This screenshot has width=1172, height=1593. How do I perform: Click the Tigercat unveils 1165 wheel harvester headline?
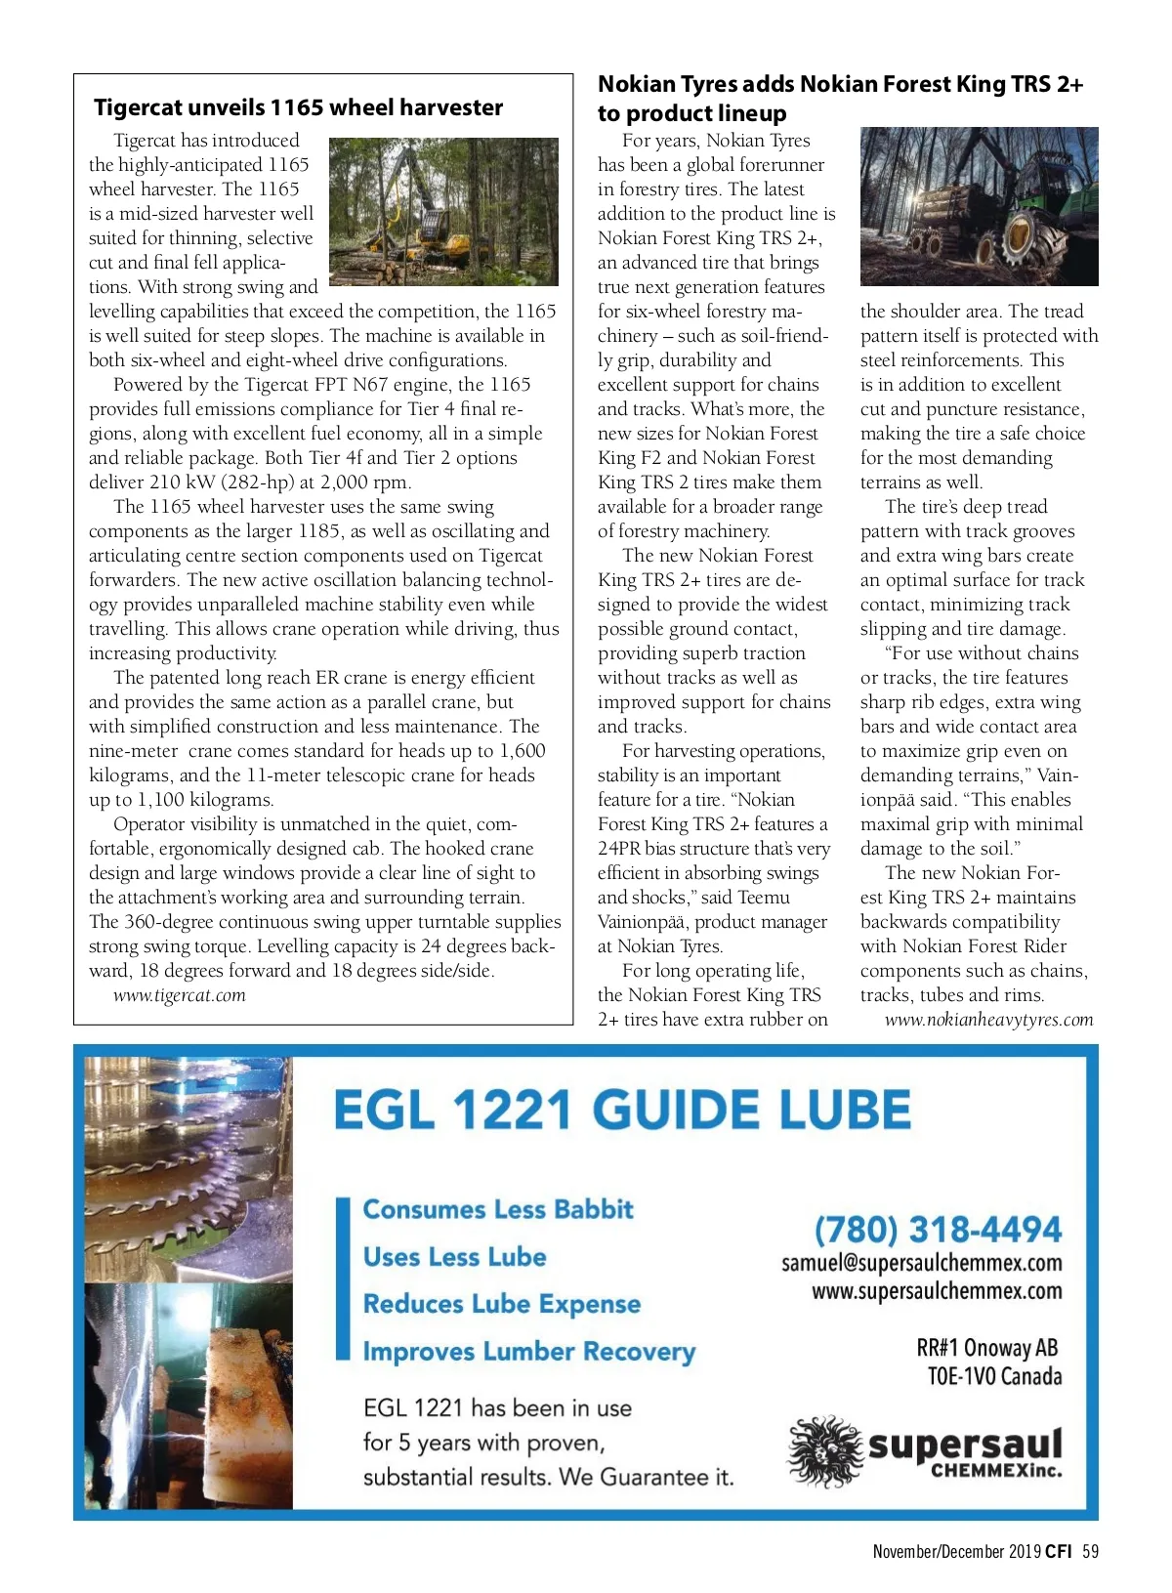298,107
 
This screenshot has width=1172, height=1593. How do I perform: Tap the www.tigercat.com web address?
179,995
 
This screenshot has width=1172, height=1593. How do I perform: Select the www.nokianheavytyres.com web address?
988,1020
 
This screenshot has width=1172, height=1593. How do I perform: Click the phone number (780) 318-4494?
938,1229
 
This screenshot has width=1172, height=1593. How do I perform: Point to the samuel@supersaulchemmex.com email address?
921,1263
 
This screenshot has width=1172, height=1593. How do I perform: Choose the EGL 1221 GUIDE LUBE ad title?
622,1111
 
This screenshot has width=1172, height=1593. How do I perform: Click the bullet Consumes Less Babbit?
498,1209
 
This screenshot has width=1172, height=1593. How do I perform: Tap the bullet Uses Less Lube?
454,1257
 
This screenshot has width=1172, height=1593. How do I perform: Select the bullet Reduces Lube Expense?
502,1304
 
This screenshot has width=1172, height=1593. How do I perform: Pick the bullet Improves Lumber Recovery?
528,1352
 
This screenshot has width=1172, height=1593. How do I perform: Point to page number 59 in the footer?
1090,1551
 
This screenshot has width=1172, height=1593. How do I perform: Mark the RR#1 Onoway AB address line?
986,1348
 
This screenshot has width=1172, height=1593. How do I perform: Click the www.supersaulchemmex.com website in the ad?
937,1291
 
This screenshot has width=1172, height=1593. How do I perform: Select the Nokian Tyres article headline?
840,98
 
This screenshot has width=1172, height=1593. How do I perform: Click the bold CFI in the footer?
1058,1551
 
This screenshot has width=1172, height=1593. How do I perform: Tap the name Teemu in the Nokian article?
764,898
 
